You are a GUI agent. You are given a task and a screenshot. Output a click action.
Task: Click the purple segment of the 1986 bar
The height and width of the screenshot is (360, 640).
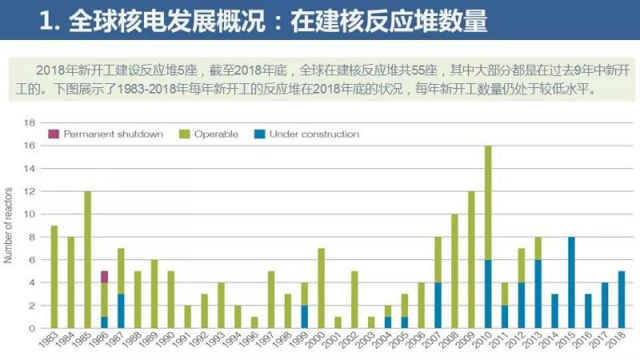104,277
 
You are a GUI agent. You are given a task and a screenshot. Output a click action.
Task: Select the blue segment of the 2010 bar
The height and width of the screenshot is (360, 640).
487,294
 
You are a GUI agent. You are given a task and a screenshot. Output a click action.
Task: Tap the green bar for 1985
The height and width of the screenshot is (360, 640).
87,260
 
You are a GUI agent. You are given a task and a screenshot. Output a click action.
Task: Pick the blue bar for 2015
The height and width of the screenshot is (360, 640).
571,282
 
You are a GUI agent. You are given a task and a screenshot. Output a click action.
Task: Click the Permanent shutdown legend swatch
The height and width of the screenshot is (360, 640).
54,134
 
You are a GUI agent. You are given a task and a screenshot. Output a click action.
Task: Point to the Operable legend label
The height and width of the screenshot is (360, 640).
216,134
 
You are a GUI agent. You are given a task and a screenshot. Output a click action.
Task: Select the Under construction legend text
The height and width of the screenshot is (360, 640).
314,134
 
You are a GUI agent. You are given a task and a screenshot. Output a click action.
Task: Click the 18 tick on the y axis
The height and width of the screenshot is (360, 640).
30,123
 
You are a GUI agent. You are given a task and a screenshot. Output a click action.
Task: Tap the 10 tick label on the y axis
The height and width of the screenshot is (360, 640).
30,214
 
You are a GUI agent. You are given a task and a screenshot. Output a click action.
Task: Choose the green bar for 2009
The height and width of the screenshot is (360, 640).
470,260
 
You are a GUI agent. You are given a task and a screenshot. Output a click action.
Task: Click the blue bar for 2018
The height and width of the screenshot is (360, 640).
622,300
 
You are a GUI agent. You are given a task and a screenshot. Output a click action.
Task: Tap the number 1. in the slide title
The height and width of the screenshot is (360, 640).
50,20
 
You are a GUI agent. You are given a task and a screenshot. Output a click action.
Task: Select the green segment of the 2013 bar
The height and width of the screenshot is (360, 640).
538,249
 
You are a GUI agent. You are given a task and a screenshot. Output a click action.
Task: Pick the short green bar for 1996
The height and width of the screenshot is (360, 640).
254,322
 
